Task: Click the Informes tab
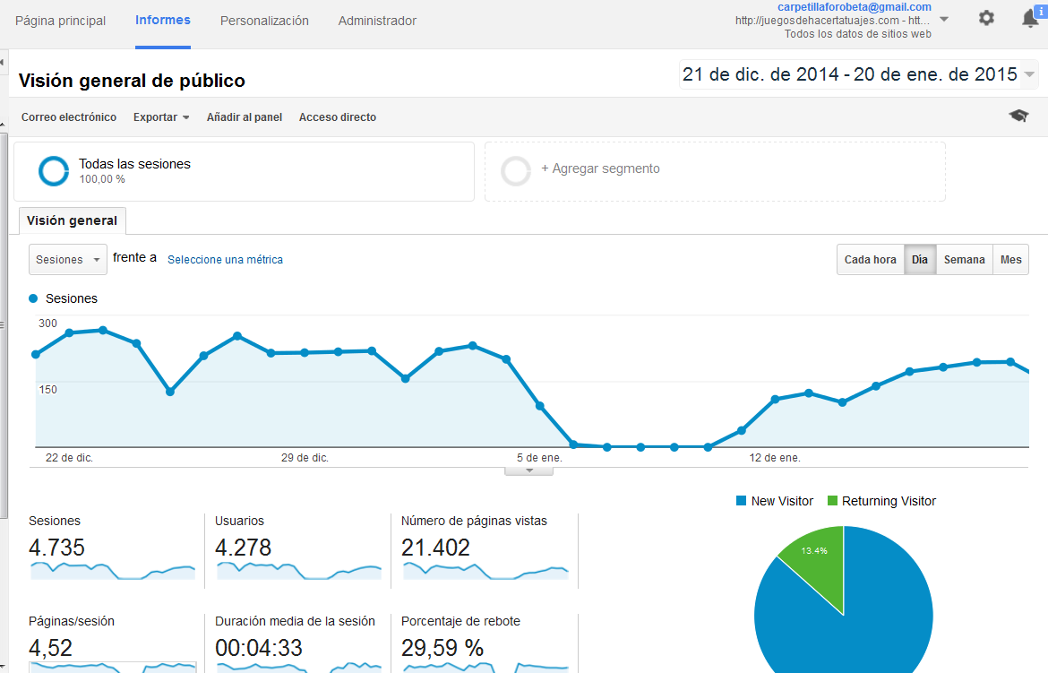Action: (162, 20)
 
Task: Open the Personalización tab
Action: (264, 21)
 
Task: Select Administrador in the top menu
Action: (377, 21)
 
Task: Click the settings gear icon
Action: (986, 18)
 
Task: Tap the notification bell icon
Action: (1030, 19)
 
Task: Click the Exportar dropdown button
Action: (161, 117)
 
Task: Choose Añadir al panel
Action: (245, 117)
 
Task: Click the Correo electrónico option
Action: (69, 117)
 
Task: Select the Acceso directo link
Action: (338, 117)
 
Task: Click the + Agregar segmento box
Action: (715, 170)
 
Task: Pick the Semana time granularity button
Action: (964, 260)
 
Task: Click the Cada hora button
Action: (871, 260)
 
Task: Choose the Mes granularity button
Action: (1010, 260)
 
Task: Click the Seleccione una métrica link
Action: (225, 260)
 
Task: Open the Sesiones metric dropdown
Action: (68, 260)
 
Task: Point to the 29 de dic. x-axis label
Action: (305, 458)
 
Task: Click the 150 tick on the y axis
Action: (47, 389)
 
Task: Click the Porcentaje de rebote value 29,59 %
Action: (442, 647)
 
